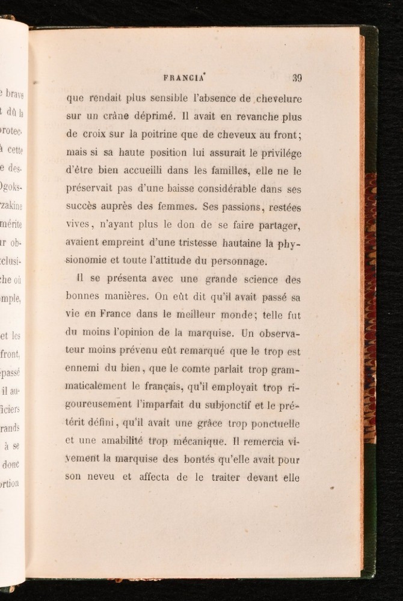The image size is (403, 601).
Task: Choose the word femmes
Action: pyautogui.click(x=176, y=207)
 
